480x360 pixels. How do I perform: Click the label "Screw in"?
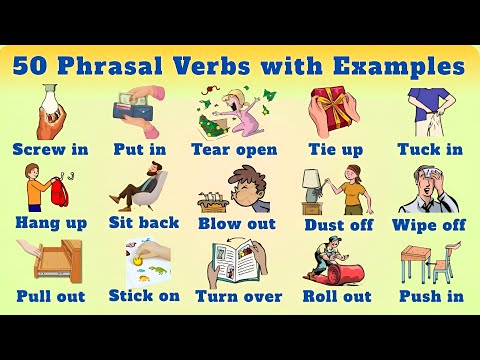point(50,150)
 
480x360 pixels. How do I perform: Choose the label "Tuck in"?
point(431,150)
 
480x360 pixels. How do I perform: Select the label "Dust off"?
point(338,224)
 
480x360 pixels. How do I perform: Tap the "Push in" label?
point(431,296)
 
